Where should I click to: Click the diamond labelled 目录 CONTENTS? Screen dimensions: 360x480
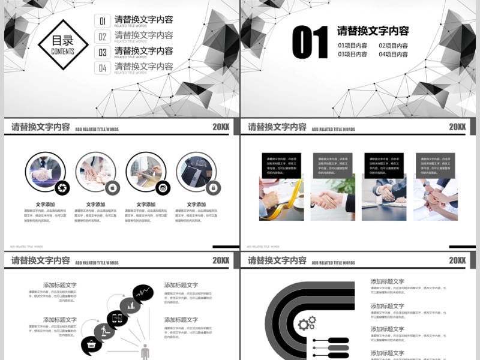[x=63, y=45]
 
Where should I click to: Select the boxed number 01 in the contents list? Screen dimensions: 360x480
[x=103, y=22]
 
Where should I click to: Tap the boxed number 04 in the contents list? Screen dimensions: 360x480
[x=103, y=68]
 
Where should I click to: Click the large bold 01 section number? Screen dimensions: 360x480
[x=310, y=43]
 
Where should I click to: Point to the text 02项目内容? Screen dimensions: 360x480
[x=394, y=46]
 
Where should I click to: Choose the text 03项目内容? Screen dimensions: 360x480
[x=353, y=55]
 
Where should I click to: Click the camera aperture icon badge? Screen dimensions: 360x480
[x=62, y=188]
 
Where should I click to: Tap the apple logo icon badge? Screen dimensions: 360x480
[x=112, y=188]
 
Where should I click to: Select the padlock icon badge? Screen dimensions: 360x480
[x=212, y=188]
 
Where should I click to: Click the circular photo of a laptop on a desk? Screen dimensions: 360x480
[x=195, y=172]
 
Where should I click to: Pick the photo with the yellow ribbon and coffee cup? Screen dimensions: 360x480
[x=281, y=198]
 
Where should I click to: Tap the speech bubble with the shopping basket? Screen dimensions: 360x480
[x=91, y=345]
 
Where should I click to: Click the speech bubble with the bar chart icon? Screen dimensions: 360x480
[x=130, y=307]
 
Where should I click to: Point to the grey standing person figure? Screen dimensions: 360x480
[x=145, y=352]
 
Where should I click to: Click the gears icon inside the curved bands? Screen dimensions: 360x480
[x=307, y=325]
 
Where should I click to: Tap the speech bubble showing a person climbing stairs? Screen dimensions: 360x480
[x=104, y=331]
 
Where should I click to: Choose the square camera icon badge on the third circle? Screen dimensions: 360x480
[x=162, y=188]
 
